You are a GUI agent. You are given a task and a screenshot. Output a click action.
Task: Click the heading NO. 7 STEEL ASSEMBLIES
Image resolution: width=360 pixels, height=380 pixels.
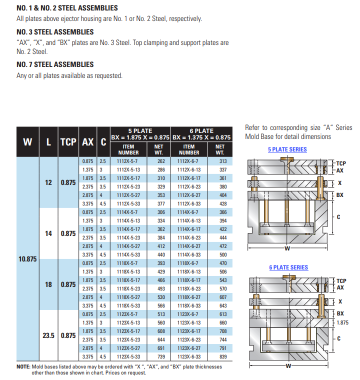pos(55,64)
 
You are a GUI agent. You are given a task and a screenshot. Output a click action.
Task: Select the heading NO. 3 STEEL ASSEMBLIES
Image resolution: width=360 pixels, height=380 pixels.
pos(55,32)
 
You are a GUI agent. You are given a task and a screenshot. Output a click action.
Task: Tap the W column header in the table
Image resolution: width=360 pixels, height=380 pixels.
pos(28,141)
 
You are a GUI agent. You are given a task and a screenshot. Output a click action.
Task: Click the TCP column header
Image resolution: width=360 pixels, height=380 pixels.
pos(68,141)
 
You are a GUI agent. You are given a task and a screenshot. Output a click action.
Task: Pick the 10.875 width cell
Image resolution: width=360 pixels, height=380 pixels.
pos(28,259)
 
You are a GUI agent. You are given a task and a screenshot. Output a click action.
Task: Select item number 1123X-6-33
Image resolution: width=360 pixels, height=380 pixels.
pos(188,356)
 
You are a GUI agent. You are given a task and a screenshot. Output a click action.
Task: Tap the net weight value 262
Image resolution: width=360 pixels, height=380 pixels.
pos(161,161)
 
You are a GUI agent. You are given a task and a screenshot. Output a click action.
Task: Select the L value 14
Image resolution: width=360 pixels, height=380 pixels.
pos(48,233)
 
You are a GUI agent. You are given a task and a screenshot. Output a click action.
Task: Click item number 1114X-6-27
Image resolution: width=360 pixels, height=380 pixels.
pos(188,246)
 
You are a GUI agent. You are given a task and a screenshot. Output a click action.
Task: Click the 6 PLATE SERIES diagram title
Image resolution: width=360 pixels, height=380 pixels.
pos(288,267)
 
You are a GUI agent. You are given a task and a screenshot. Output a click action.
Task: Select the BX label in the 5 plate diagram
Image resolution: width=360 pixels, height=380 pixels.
pos(339,194)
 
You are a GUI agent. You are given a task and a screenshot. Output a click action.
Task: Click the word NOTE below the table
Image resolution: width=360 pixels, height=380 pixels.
pos(23,366)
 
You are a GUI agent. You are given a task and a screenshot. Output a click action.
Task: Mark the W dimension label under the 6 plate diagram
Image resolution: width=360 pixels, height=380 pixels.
pos(288,366)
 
